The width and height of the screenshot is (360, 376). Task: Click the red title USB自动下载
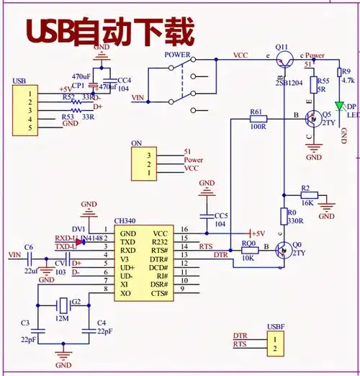[110, 32]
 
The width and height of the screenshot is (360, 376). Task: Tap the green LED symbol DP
[339, 105]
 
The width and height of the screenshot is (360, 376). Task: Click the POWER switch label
[177, 55]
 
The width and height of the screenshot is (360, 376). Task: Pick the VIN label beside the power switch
[140, 98]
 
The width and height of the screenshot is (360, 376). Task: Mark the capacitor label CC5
[220, 215]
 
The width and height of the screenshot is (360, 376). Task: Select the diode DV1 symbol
[78, 241]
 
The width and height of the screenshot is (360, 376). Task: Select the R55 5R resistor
[313, 86]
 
